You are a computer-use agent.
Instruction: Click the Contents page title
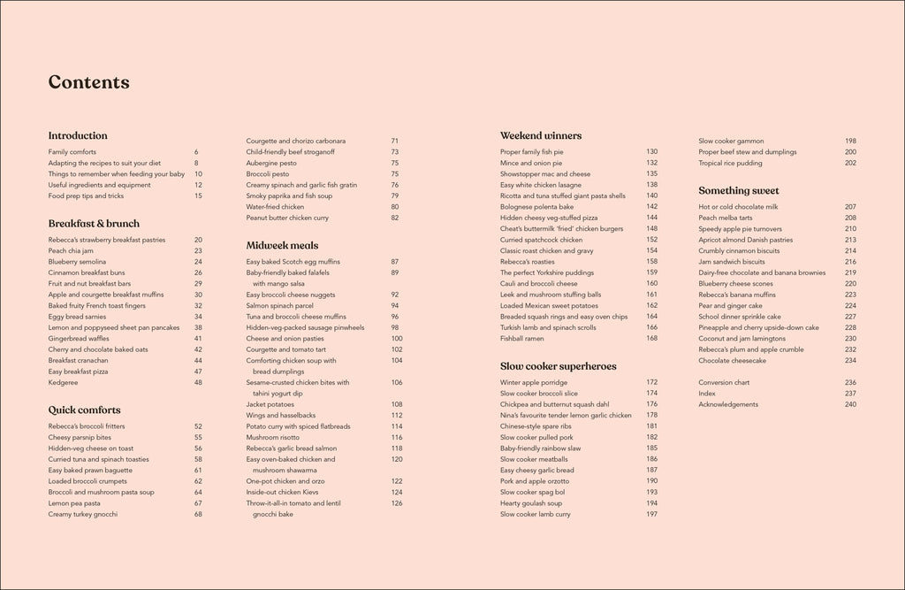pos(88,83)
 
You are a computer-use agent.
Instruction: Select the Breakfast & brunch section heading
pos(94,224)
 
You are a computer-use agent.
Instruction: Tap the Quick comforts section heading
pos(84,410)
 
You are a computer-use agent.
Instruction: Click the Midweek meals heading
pos(282,245)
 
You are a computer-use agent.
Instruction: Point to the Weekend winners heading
pos(541,136)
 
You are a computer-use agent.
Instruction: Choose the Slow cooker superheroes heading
pos(559,366)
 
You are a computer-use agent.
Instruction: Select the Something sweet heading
pos(739,191)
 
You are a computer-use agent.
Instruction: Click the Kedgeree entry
pos(64,382)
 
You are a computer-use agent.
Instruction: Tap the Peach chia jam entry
pos(70,251)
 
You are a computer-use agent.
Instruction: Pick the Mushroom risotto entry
pos(274,437)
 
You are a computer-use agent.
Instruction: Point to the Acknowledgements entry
pos(728,404)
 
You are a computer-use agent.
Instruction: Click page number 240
pos(850,404)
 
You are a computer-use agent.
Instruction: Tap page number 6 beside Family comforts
pos(196,152)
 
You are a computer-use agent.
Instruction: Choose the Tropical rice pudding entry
pos(730,163)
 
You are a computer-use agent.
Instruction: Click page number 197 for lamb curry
pos(651,514)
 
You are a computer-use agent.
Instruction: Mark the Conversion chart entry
pos(724,382)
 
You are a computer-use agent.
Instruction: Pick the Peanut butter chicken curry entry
pos(287,218)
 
